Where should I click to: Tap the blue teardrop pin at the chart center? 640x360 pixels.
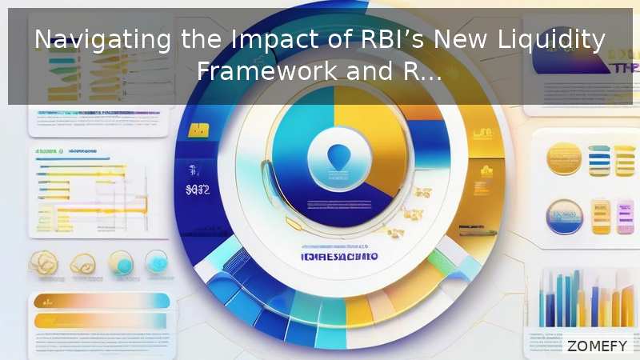(329, 154)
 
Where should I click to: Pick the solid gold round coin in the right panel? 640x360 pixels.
(564, 158)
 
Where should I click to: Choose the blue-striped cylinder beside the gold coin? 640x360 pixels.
(599, 159)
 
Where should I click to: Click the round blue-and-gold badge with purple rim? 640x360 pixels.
(563, 217)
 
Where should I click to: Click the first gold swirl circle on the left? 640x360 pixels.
(43, 263)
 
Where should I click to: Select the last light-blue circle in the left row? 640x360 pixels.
(156, 262)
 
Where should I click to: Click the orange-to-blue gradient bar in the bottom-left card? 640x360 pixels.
(101, 301)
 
